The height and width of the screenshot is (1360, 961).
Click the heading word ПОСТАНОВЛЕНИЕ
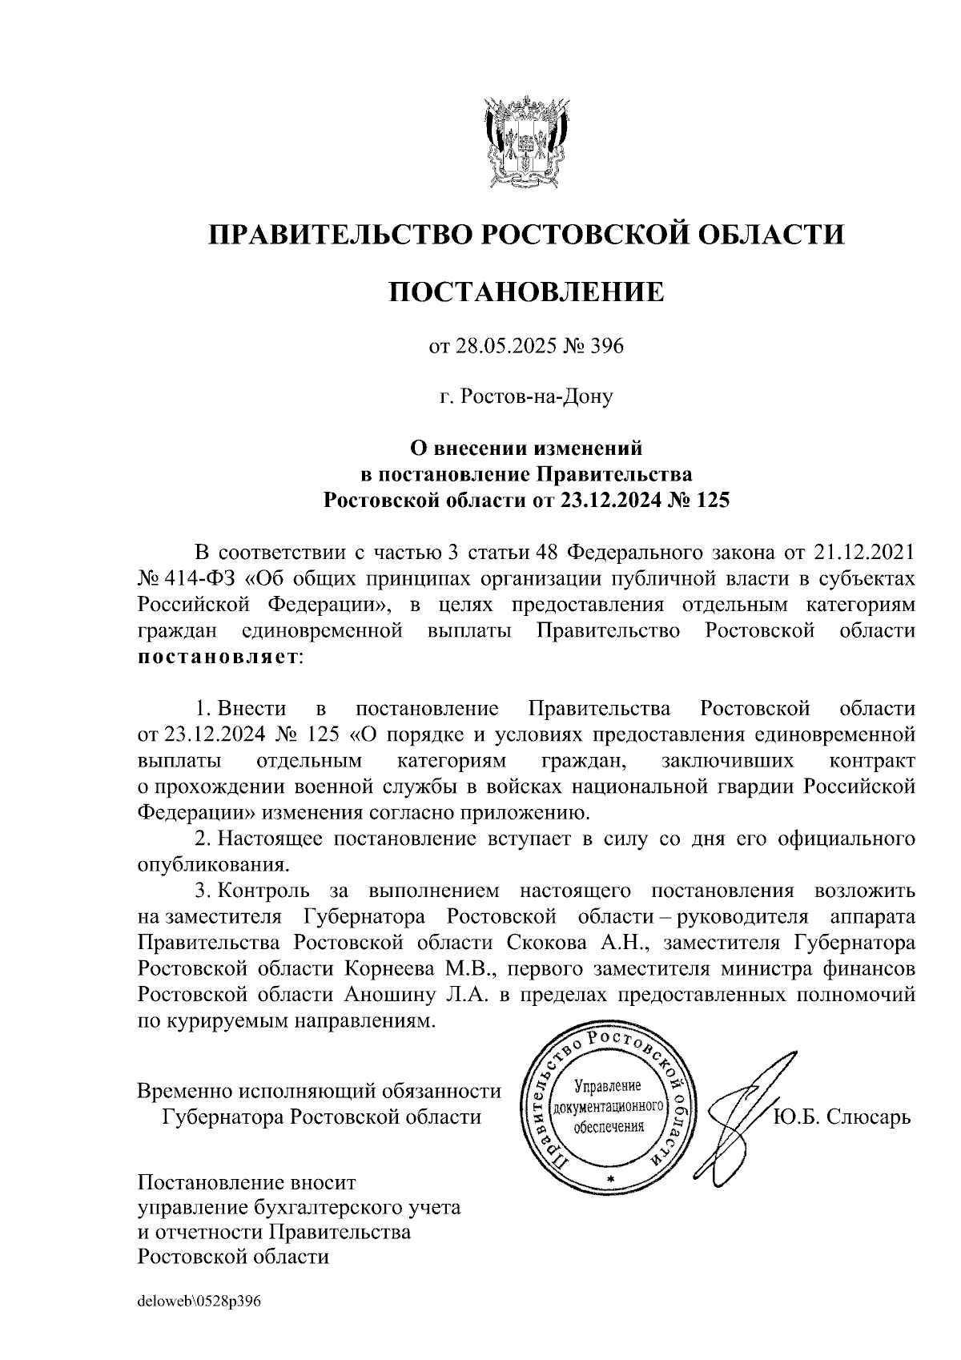pos(526,292)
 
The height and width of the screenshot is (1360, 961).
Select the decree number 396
pos(607,347)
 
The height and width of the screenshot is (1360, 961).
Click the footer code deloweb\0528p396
pos(199,1302)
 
